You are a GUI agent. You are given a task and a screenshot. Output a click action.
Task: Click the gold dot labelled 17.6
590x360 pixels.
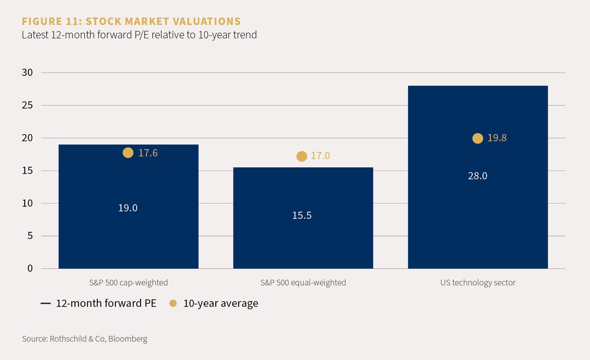[128, 153]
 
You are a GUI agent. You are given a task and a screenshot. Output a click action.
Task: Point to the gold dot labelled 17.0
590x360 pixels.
[302, 156]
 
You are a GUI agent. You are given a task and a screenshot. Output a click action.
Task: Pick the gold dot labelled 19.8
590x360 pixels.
[478, 138]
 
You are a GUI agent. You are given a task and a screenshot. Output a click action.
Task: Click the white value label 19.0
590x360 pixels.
[128, 208]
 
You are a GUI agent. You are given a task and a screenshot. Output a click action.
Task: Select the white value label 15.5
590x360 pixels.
[302, 215]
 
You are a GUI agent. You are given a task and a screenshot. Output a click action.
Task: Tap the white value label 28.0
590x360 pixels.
[478, 176]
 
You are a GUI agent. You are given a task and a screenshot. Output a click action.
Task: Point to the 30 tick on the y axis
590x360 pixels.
[28, 72]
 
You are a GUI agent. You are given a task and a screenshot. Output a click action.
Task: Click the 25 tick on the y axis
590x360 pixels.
[28, 105]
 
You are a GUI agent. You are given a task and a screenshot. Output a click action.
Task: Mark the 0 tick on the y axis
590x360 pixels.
[30, 268]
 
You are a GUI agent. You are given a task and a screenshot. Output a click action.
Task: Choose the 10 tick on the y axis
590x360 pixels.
[28, 203]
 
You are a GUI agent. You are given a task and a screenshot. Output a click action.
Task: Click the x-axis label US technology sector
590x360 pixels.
[478, 282]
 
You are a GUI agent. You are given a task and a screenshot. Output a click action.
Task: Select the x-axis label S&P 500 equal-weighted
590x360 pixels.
[303, 282]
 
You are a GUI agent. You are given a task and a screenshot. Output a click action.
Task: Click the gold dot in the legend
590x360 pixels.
[173, 303]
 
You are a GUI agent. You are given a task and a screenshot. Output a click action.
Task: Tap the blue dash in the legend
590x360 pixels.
[46, 303]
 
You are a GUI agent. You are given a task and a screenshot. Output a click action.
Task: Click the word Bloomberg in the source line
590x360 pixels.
[128, 339]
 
